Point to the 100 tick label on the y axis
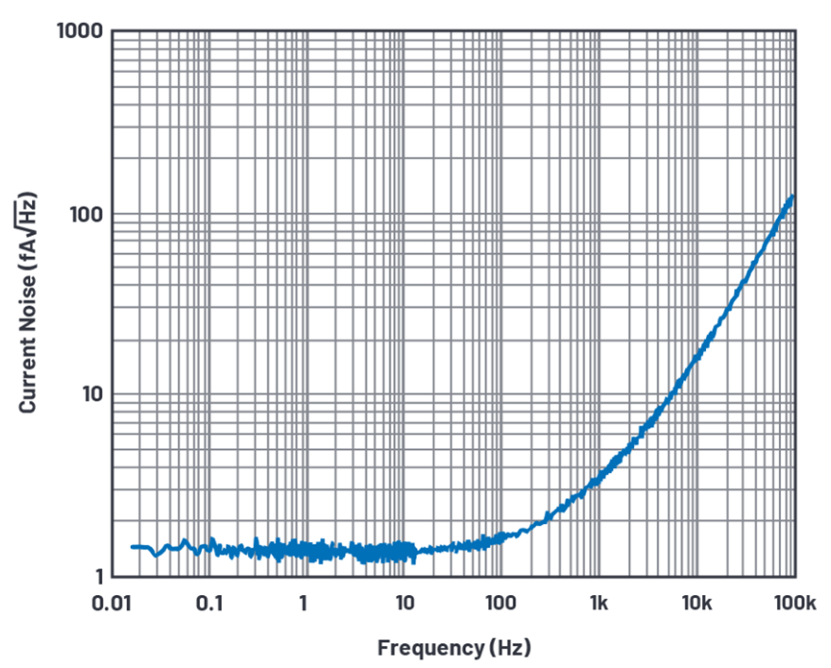tap(83, 213)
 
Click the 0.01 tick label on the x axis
tap(111, 604)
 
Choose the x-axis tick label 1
tap(303, 604)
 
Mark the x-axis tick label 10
tap(404, 604)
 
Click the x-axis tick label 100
tap(501, 604)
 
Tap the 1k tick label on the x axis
tap(598, 604)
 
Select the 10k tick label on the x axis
tap(696, 604)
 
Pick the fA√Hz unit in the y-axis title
tap(27, 236)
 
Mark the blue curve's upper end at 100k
tap(792, 196)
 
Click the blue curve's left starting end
tap(132, 547)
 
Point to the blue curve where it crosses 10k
tap(696, 356)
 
